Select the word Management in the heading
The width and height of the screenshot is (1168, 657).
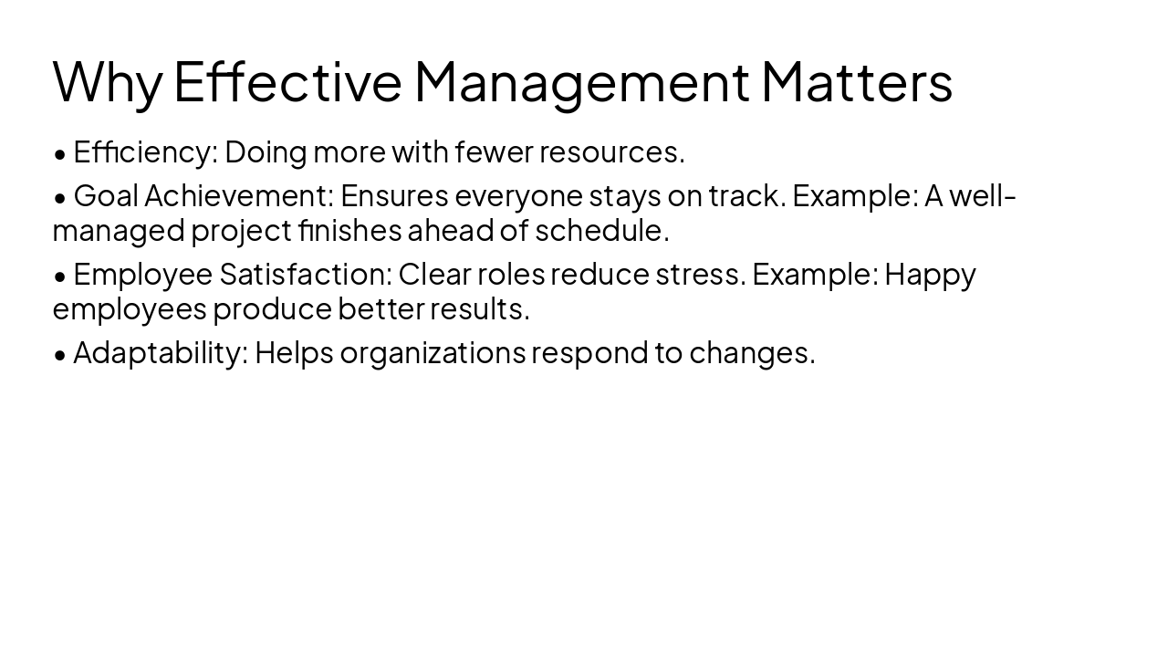pyautogui.click(x=581, y=82)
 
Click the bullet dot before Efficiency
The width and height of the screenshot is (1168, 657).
pyautogui.click(x=60, y=154)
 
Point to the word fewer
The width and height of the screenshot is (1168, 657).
pyautogui.click(x=494, y=152)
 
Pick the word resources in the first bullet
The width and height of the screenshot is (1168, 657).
pyautogui.click(x=610, y=152)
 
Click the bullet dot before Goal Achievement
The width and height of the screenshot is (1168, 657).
pyautogui.click(x=60, y=198)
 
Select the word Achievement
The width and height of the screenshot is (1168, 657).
pyautogui.click(x=239, y=196)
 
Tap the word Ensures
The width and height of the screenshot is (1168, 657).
pyautogui.click(x=394, y=196)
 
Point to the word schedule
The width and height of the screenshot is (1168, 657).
pyautogui.click(x=601, y=231)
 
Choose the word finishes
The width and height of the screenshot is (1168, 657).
pyautogui.click(x=349, y=231)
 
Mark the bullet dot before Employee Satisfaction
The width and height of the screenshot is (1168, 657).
pyautogui.click(x=60, y=276)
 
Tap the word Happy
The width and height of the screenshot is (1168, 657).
pyautogui.click(x=930, y=275)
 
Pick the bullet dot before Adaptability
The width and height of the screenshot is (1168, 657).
pyautogui.click(x=60, y=355)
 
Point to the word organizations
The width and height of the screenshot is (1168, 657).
pyautogui.click(x=433, y=353)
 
